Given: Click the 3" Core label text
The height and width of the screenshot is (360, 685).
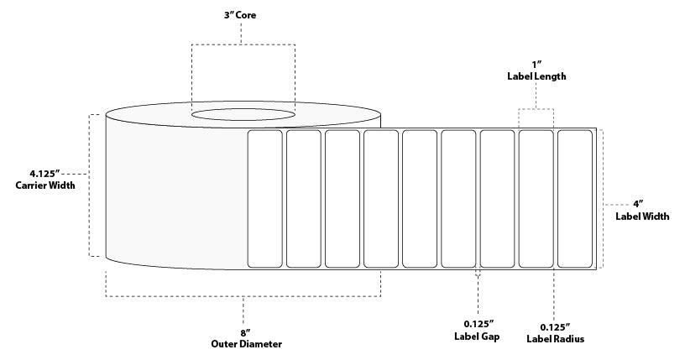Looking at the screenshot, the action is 240,15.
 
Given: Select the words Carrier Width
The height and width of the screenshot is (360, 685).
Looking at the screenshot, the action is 45,185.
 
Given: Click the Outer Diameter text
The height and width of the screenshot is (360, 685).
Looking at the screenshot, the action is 247,344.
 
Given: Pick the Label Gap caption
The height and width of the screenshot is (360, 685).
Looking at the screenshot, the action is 477,337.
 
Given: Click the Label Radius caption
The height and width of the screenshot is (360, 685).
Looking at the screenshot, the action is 555,339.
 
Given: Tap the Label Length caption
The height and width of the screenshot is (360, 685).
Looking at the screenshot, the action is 536,76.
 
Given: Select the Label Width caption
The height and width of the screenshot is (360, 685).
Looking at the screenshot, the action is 642,217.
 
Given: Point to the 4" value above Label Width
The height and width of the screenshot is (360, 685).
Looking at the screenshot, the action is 639,205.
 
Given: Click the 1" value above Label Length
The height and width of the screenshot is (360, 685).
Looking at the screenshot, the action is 536,65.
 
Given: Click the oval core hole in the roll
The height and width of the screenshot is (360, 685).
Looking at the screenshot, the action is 243,115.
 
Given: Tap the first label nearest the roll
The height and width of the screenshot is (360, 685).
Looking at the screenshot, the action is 264,199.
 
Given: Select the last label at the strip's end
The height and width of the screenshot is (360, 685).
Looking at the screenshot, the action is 575,199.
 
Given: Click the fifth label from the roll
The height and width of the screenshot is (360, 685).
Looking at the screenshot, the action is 420,199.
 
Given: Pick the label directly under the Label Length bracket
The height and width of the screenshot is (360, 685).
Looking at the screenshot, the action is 536,199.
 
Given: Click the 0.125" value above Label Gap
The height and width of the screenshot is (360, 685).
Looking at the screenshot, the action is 478,325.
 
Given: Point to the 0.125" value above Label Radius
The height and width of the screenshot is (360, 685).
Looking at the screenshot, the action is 555,327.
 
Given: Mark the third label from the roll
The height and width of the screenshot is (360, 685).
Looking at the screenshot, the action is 342,199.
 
